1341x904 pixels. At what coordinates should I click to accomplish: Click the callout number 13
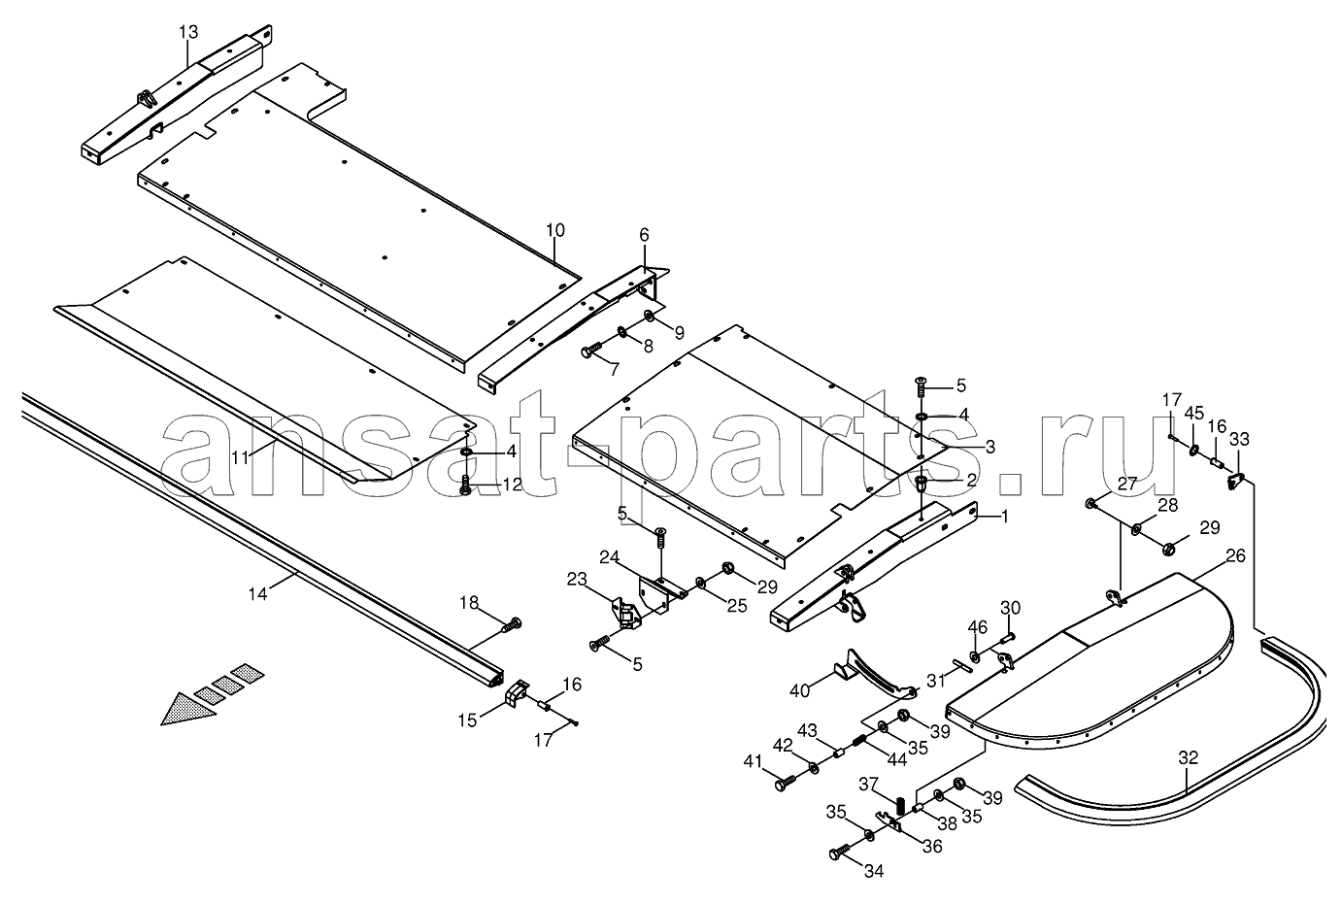(x=188, y=32)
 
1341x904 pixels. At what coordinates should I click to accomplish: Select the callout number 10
(x=555, y=230)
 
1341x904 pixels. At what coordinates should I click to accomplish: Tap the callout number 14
(x=258, y=594)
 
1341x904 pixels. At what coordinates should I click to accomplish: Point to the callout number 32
(x=1189, y=758)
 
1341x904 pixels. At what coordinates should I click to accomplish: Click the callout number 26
(x=1235, y=555)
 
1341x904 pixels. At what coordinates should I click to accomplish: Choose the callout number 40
(x=800, y=691)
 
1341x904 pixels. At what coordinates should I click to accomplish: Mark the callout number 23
(x=577, y=579)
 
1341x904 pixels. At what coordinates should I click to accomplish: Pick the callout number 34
(x=874, y=871)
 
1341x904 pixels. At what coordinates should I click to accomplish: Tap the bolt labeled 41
(x=785, y=783)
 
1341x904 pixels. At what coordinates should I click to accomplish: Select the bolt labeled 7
(x=592, y=351)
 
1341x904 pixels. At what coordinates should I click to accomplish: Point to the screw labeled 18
(x=511, y=625)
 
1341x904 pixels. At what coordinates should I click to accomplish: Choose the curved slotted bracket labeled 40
(x=874, y=675)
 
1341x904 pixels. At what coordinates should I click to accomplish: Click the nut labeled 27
(x=1090, y=504)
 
